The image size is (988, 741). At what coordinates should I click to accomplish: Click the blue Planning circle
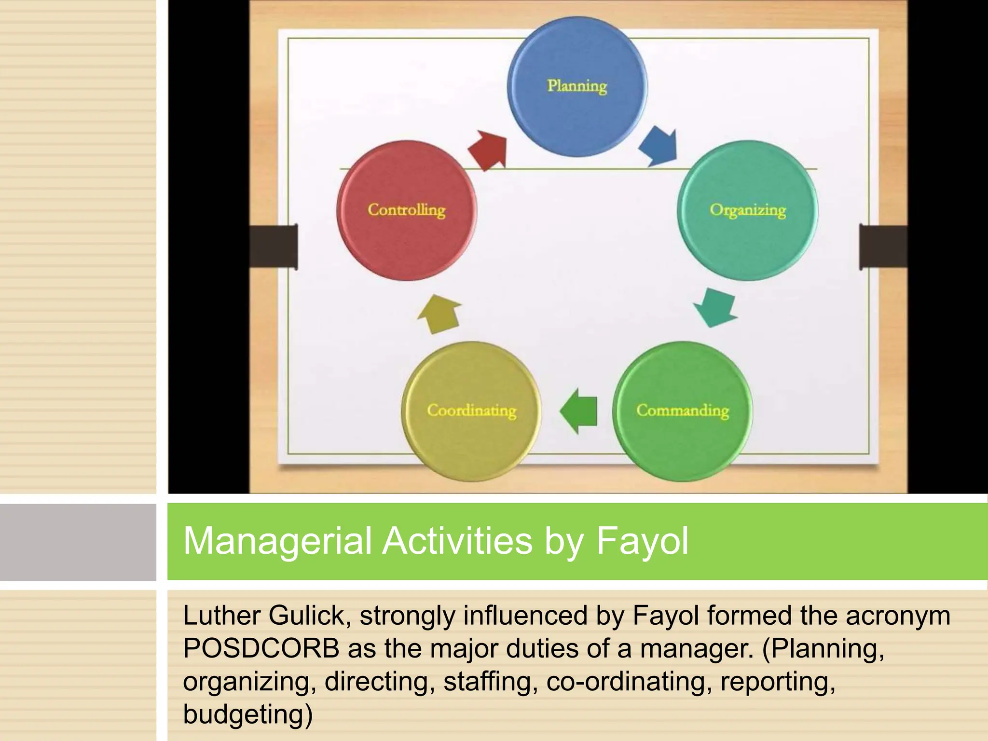(x=577, y=87)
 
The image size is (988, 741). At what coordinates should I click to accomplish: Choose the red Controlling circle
(x=406, y=210)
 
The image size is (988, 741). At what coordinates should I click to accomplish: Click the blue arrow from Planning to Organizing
(x=659, y=146)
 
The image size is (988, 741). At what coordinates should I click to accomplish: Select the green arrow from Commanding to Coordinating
(x=579, y=411)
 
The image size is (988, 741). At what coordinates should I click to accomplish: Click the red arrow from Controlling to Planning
(x=488, y=150)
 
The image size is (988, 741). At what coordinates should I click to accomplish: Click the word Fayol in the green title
(x=642, y=541)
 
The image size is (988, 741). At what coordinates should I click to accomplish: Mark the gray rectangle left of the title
(x=78, y=542)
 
